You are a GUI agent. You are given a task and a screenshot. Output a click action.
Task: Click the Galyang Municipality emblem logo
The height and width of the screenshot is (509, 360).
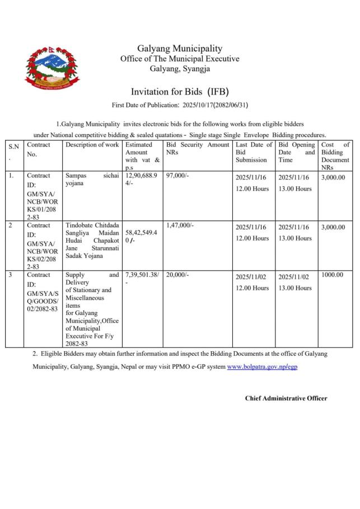[52, 69]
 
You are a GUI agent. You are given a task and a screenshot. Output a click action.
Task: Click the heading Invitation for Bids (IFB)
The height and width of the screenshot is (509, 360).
[180, 91]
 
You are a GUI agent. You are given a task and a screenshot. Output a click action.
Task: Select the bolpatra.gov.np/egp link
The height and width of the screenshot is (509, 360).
[259, 366]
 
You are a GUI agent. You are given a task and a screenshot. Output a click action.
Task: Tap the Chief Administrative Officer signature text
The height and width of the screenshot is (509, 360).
[286, 398]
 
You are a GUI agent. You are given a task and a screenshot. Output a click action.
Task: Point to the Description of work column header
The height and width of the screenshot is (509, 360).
[92, 145]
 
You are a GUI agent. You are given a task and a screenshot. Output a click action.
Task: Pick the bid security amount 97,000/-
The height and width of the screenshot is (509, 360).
[177, 176]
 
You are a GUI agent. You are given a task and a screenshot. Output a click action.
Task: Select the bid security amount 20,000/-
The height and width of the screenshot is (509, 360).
[177, 275]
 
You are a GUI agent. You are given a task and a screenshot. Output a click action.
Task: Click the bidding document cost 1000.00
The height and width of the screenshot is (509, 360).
[333, 275]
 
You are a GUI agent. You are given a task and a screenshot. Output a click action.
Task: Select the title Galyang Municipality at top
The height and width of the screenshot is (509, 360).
[180, 49]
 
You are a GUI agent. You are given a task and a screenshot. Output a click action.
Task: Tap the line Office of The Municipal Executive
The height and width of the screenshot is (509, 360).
[180, 59]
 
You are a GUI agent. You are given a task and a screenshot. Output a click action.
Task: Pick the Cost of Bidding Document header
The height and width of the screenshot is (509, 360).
[335, 152]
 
